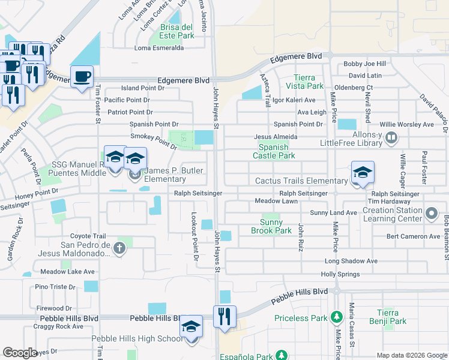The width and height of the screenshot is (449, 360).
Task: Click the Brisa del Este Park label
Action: pos(177,31)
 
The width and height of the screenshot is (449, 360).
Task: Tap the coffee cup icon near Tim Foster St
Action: pos(82,77)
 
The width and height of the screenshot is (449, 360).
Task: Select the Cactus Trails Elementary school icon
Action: pos(363,172)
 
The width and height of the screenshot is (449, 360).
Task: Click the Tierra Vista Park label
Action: pos(309,82)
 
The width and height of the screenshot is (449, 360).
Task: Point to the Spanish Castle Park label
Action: pos(277,151)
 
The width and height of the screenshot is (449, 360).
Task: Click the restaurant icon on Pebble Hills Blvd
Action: pos(224,316)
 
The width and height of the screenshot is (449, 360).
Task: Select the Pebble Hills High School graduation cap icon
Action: pos(191,327)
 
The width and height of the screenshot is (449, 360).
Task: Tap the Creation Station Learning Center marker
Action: pos(431,213)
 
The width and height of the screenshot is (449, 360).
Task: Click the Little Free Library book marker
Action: pos(391,139)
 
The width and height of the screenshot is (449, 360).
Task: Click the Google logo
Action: pos(20,353)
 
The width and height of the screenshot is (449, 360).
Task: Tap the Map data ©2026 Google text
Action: pos(411,355)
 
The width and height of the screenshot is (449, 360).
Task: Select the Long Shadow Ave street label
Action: pos(351,261)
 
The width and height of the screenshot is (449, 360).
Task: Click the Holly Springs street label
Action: pos(340,274)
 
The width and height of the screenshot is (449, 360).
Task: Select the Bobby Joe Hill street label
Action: pos(364,64)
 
